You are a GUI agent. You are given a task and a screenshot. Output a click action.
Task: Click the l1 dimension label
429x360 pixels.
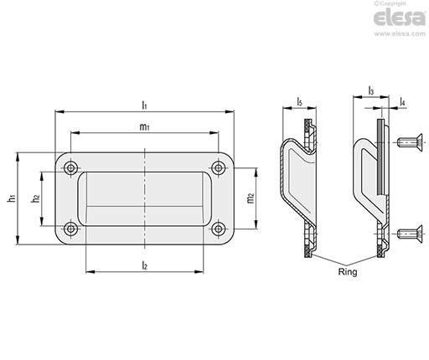(x=144, y=105)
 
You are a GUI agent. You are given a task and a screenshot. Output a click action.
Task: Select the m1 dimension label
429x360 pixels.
(x=144, y=127)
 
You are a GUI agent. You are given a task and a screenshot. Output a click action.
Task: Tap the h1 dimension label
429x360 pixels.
(x=12, y=198)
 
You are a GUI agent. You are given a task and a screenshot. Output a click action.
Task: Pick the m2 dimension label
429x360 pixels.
(x=251, y=198)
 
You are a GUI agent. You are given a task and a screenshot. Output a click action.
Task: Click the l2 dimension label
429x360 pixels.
(x=144, y=265)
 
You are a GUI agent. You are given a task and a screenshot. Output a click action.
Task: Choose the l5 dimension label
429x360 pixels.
(x=299, y=101)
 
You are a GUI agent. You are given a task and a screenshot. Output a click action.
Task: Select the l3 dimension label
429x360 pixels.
(x=371, y=91)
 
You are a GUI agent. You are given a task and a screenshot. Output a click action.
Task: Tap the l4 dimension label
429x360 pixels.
(x=402, y=101)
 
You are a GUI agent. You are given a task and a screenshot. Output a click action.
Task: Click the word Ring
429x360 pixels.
(x=348, y=272)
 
